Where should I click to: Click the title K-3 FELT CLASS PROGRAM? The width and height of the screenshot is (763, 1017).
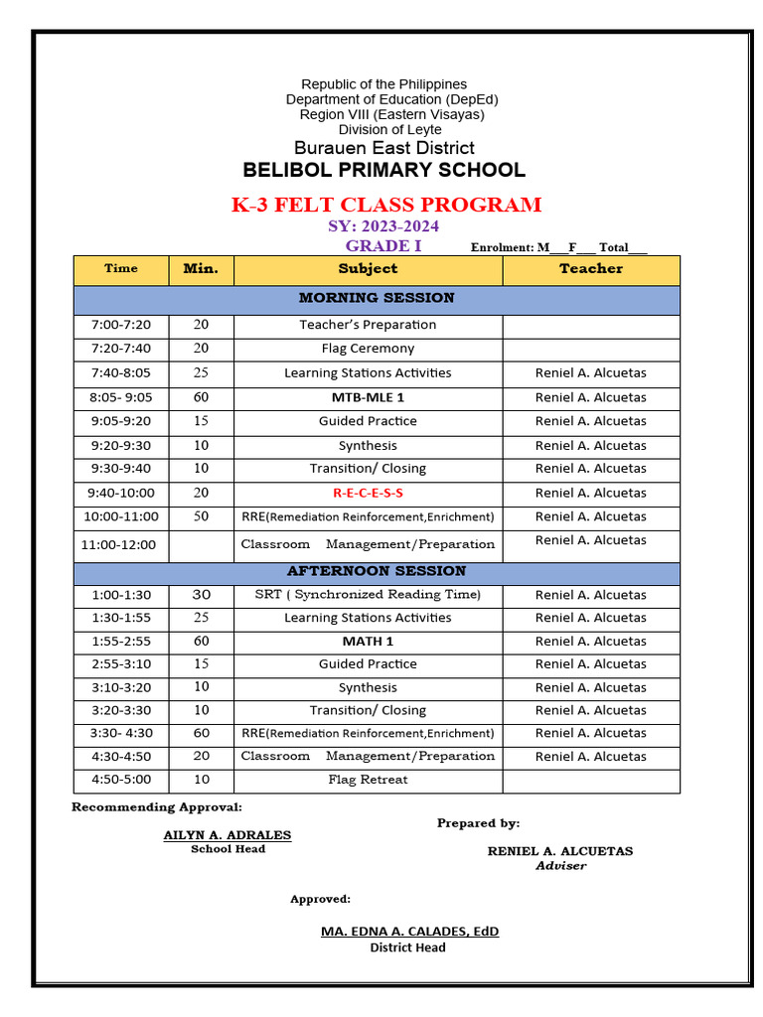click(386, 206)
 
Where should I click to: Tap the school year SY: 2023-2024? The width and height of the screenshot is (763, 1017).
click(383, 227)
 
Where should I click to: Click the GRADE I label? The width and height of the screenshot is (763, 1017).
click(383, 246)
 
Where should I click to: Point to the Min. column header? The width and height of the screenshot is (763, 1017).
click(201, 269)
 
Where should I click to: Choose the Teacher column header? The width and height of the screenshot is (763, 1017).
click(590, 269)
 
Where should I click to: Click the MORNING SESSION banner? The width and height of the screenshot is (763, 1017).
click(377, 298)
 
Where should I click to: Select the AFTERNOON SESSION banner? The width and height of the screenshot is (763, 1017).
click(377, 571)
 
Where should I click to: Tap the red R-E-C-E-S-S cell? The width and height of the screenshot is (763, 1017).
click(368, 494)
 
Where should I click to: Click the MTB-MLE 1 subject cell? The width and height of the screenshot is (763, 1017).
click(368, 397)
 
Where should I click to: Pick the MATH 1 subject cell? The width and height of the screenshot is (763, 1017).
click(368, 642)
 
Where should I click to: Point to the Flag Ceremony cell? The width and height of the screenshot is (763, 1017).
click(368, 349)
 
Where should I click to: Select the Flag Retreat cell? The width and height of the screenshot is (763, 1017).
click(368, 780)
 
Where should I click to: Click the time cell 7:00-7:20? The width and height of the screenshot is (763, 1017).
click(120, 325)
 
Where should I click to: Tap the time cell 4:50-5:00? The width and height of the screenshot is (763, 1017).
click(120, 780)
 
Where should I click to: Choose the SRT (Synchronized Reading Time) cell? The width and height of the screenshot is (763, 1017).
click(368, 595)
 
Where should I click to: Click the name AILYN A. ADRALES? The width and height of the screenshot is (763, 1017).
click(228, 835)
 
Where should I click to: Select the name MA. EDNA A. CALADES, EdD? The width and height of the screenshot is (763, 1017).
click(409, 932)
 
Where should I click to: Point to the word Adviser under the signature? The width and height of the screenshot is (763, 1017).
click(561, 866)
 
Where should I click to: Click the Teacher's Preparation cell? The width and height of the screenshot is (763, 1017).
click(368, 325)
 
